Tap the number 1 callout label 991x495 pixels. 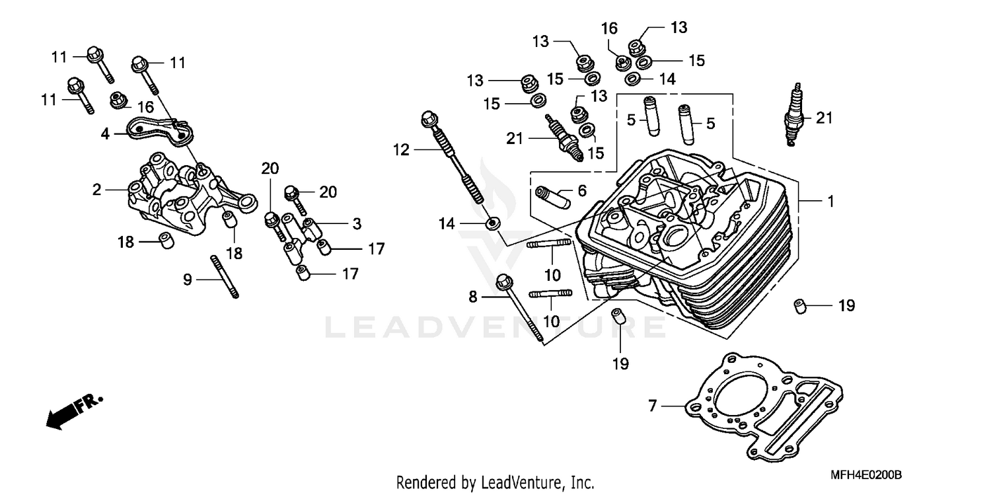(x=830, y=202)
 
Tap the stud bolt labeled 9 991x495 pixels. (x=224, y=276)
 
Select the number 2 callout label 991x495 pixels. (x=97, y=190)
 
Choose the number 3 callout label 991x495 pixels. (x=356, y=224)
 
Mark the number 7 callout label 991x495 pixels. (x=652, y=406)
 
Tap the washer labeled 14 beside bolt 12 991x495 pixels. (x=492, y=223)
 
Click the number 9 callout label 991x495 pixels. (x=188, y=280)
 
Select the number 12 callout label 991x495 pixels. (x=402, y=151)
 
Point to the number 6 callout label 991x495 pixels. (x=581, y=191)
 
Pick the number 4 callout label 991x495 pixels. (x=105, y=133)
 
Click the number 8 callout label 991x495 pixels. (x=472, y=297)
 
